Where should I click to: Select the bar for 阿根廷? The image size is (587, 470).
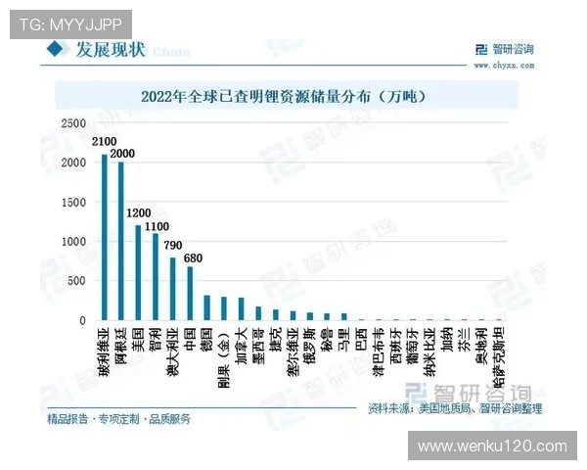(x=121, y=241)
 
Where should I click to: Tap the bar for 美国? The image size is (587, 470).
(x=138, y=272)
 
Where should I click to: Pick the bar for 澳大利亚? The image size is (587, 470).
(x=172, y=289)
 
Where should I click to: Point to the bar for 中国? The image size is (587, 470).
(x=190, y=293)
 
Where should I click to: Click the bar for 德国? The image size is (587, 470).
(x=206, y=307)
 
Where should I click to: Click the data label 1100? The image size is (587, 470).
(x=157, y=226)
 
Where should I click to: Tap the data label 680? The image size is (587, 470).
(x=194, y=258)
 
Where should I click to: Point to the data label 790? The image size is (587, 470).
(x=175, y=245)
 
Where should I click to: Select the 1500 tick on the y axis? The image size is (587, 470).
(x=74, y=202)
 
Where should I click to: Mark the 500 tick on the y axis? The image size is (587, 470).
(x=77, y=281)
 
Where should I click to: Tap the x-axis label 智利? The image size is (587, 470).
(x=156, y=339)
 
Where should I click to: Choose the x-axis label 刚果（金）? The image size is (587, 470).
(x=223, y=353)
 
